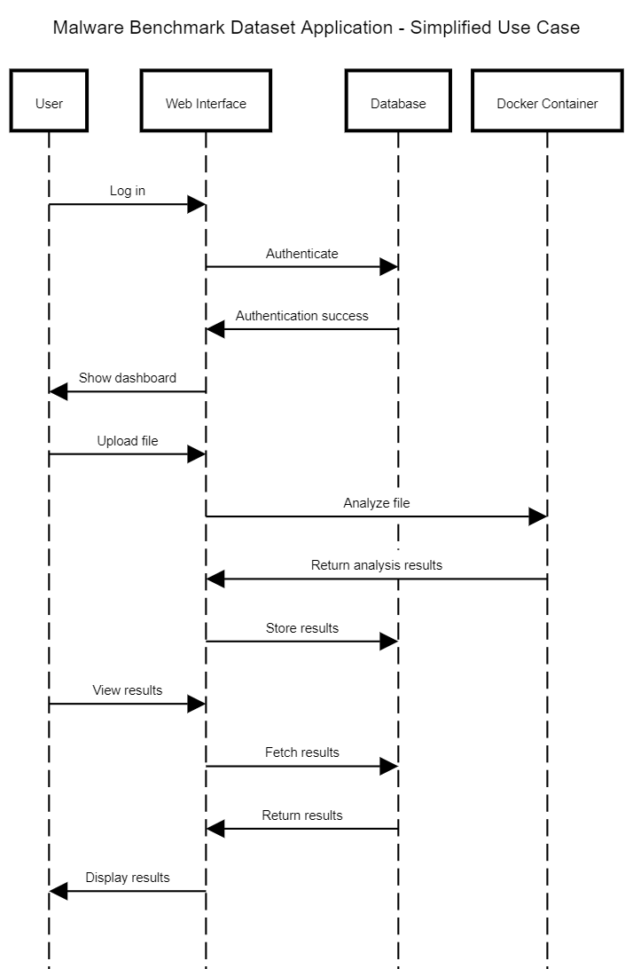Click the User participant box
[x=49, y=104]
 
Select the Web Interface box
[x=206, y=104]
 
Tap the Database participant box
[x=398, y=104]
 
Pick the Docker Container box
[x=547, y=104]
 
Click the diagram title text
[x=316, y=28]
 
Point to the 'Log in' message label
[x=128, y=191]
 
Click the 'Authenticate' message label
[x=301, y=254]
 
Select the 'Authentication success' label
[x=301, y=316]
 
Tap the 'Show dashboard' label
[x=128, y=378]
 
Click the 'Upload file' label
[x=128, y=441]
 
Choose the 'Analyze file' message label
[x=377, y=503]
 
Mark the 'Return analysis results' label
[x=377, y=565]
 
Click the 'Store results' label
[x=301, y=628]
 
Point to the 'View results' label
[x=128, y=690]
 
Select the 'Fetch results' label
[x=301, y=752]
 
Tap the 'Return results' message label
[x=301, y=815]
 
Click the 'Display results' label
[x=128, y=878]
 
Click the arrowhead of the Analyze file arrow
[x=537, y=516]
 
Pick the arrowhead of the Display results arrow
[x=59, y=891]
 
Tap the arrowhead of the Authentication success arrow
[x=215, y=329]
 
